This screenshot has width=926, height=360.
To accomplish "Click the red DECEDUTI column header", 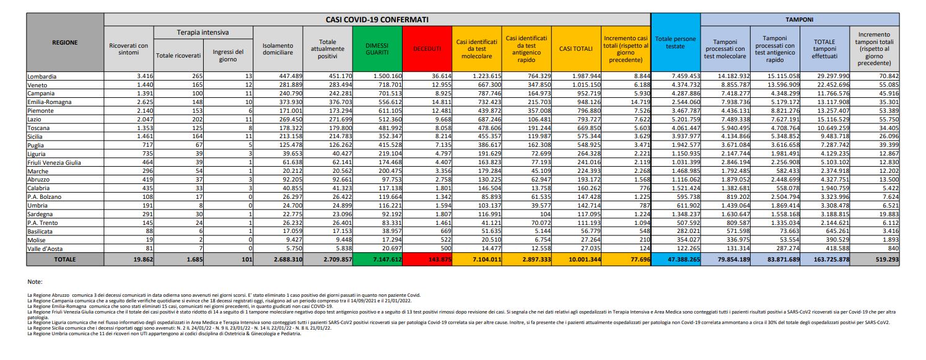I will click(427, 48).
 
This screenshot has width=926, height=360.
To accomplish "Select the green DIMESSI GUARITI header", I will click(378, 48).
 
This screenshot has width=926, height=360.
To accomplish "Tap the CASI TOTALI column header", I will click(576, 48).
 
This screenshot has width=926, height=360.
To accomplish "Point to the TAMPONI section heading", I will click(800, 20).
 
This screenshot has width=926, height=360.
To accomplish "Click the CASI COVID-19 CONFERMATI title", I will click(377, 20).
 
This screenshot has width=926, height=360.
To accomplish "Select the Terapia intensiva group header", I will click(203, 32).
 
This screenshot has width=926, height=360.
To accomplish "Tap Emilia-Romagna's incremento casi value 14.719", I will click(638, 102).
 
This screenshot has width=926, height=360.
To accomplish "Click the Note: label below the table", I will click(37, 281).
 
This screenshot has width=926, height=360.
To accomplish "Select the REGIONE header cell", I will click(65, 42).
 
